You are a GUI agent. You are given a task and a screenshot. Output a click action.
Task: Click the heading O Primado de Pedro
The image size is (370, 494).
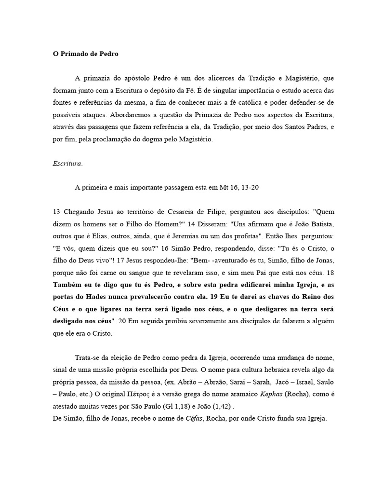click(85, 55)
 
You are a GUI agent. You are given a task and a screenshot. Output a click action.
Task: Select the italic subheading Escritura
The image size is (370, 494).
click(67, 164)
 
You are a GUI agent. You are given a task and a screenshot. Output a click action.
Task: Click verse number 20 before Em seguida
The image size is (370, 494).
click(128, 320)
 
